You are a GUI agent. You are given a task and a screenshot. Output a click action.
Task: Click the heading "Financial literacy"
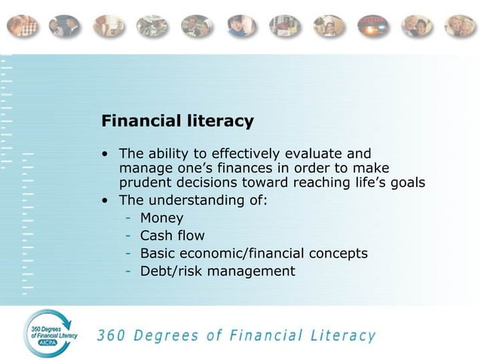pyautogui.click(x=178, y=121)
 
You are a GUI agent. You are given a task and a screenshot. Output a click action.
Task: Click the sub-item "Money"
pyautogui.click(x=161, y=218)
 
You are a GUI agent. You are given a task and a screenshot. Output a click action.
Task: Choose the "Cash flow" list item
pyautogui.click(x=172, y=236)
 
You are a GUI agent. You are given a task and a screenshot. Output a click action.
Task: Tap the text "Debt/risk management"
pyautogui.click(x=217, y=271)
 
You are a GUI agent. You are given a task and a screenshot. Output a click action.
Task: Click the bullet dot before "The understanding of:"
pyautogui.click(x=106, y=201)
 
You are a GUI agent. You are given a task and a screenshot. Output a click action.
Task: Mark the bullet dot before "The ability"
pyautogui.click(x=106, y=154)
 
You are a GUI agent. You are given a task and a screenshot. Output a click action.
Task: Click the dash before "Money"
pyautogui.click(x=130, y=218)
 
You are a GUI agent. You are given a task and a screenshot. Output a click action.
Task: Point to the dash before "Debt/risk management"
pyautogui.click(x=130, y=271)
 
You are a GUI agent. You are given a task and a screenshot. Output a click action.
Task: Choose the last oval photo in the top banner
pyautogui.click(x=459, y=26)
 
